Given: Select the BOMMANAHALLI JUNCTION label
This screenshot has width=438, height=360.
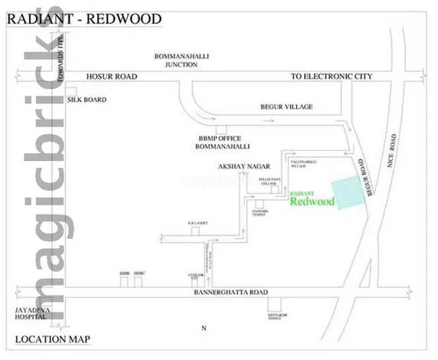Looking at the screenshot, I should pos(181,61).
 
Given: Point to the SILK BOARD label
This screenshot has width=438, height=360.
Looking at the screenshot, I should pos(89,100).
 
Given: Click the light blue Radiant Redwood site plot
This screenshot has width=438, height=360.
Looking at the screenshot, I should pos(348,191).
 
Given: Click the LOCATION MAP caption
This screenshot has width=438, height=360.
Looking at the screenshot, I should pos(53,338).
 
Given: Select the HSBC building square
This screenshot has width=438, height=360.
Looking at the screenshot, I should pos(139,282).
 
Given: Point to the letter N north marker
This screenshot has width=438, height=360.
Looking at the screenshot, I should pos(204,328).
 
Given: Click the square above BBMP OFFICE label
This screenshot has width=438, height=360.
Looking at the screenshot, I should pos(221,128).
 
